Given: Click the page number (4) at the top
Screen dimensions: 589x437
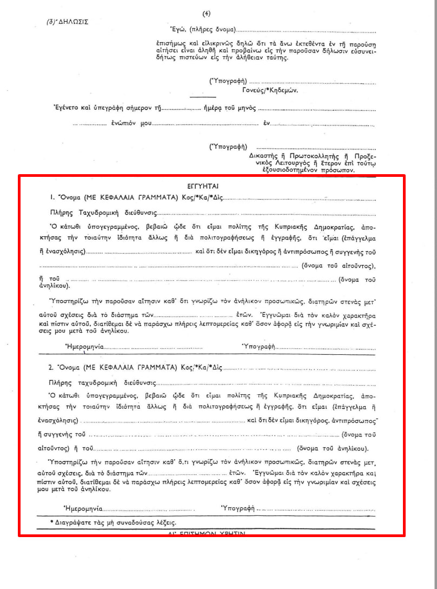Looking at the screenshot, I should coord(207,13).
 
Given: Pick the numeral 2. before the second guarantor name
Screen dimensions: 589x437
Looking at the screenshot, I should coord(51,367).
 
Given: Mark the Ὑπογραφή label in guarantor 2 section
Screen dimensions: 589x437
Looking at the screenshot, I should coord(238,508).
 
